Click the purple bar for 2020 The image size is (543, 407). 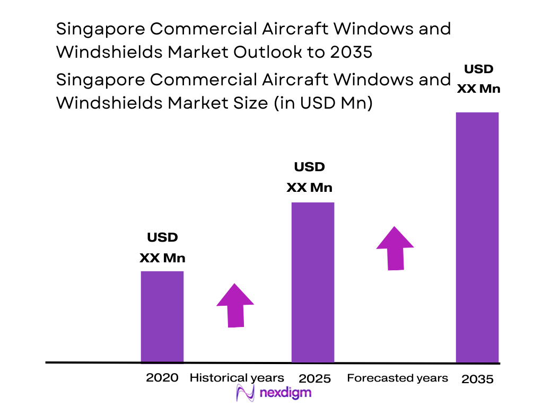pyautogui.click(x=162, y=317)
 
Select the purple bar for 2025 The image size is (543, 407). pyautogui.click(x=313, y=282)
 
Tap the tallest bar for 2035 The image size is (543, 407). pyautogui.click(x=477, y=237)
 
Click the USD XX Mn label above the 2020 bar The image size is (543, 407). pyautogui.click(x=162, y=248)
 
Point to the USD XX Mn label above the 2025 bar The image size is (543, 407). pyautogui.click(x=309, y=178)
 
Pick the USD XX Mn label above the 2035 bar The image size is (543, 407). pyautogui.click(x=478, y=78)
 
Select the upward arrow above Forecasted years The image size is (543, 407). pyautogui.click(x=395, y=248)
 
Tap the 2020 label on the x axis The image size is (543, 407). pyautogui.click(x=162, y=378)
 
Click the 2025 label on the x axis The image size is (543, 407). pyautogui.click(x=314, y=378)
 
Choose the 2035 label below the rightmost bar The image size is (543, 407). pyautogui.click(x=477, y=379)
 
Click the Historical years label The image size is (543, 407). pyautogui.click(x=237, y=378)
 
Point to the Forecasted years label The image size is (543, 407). pyautogui.click(x=397, y=378)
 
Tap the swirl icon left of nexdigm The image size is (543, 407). pyautogui.click(x=246, y=393)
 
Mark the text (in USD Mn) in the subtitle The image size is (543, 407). pyautogui.click(x=323, y=103)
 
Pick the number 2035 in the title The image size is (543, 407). pyautogui.click(x=353, y=52)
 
